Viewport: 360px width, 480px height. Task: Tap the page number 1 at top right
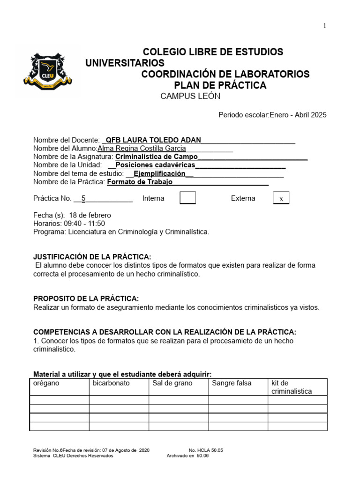pyautogui.click(x=324, y=26)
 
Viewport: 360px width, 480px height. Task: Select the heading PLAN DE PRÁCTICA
pyautogui.click(x=220, y=85)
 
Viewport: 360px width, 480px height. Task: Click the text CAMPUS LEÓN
pyautogui.click(x=190, y=97)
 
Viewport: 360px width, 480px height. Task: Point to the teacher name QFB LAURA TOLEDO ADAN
pyautogui.click(x=153, y=140)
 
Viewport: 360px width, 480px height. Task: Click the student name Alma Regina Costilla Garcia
pyautogui.click(x=142, y=149)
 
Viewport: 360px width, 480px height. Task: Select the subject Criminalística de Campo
pyautogui.click(x=156, y=157)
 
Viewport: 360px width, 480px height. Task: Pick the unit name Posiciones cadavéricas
pyautogui.click(x=155, y=165)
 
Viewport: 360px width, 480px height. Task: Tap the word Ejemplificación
pyautogui.click(x=159, y=173)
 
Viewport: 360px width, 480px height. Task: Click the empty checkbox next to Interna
pyautogui.click(x=187, y=198)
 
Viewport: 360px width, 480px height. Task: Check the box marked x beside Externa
pyautogui.click(x=281, y=198)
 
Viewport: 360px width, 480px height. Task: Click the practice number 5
pyautogui.click(x=83, y=198)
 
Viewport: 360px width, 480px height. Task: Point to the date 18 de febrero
pyautogui.click(x=90, y=215)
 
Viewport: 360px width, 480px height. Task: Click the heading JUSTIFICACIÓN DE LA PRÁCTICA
pyautogui.click(x=92, y=256)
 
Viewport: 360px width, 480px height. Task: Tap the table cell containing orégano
pyautogui.click(x=60, y=387)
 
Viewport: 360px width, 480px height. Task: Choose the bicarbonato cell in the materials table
pyautogui.click(x=119, y=387)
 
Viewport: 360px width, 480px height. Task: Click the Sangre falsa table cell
pyautogui.click(x=238, y=387)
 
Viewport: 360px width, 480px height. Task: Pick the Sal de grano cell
pyautogui.click(x=179, y=387)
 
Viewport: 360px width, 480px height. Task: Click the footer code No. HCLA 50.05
pyautogui.click(x=206, y=450)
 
